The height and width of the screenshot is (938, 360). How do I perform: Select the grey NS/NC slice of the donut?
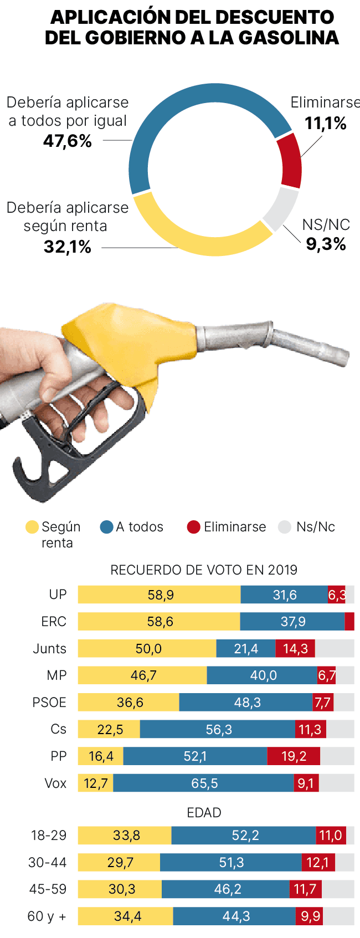(280, 209)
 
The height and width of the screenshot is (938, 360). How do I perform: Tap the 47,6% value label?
(68, 141)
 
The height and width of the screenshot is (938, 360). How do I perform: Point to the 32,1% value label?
(68, 247)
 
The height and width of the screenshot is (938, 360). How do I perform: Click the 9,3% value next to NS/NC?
(326, 244)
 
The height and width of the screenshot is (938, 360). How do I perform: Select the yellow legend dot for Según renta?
(32, 527)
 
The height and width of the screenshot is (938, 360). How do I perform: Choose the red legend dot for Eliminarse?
(193, 527)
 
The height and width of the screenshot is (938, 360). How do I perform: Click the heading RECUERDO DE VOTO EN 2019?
(204, 570)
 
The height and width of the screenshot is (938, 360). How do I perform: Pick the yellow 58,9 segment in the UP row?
(160, 594)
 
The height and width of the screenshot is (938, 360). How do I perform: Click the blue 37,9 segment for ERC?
(292, 622)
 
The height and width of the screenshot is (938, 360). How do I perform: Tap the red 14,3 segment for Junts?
(295, 648)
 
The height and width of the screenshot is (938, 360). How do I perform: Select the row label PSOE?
(49, 703)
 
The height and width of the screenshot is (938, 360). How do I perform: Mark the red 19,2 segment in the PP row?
(294, 756)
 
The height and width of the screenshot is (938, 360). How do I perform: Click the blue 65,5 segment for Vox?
(204, 783)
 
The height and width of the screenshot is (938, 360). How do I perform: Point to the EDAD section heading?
(204, 813)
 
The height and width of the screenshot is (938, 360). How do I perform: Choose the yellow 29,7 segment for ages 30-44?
(119, 862)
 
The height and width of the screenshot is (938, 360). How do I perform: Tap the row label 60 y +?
(47, 916)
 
